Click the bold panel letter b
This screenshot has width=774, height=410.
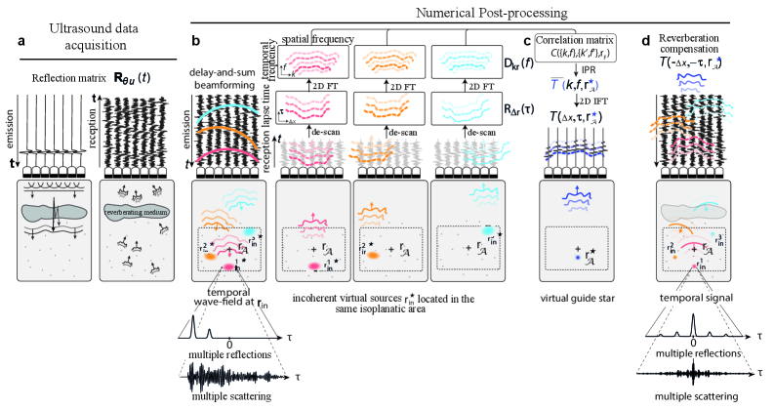196,43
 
